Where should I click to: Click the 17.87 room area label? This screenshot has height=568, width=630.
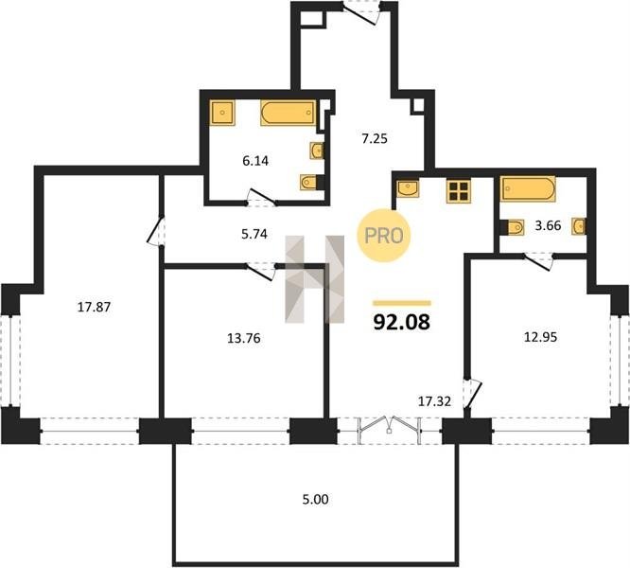[x=94, y=308]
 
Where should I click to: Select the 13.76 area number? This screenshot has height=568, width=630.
[x=244, y=339]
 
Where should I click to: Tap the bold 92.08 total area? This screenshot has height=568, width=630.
[x=402, y=322]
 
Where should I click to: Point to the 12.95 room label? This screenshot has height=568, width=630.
[x=541, y=337]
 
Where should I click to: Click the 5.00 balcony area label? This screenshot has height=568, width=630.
[x=315, y=499]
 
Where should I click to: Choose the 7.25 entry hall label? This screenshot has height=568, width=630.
[x=375, y=138]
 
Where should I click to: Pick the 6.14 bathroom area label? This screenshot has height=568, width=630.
[x=255, y=161]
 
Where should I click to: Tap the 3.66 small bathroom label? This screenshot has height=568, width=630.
[x=548, y=225]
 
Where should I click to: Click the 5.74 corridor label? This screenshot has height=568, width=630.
[x=254, y=234]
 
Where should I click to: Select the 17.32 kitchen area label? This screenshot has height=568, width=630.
[x=435, y=401]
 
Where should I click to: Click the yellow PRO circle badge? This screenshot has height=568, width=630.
[x=384, y=236]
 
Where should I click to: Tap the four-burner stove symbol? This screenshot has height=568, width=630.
[x=459, y=191]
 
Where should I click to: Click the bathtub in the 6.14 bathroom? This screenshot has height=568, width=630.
[x=289, y=113]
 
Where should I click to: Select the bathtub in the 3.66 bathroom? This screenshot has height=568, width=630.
[x=528, y=188]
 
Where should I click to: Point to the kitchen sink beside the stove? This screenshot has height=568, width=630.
[x=408, y=188]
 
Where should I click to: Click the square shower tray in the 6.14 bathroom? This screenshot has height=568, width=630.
[x=222, y=113]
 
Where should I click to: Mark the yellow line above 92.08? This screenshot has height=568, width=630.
[x=402, y=303]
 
